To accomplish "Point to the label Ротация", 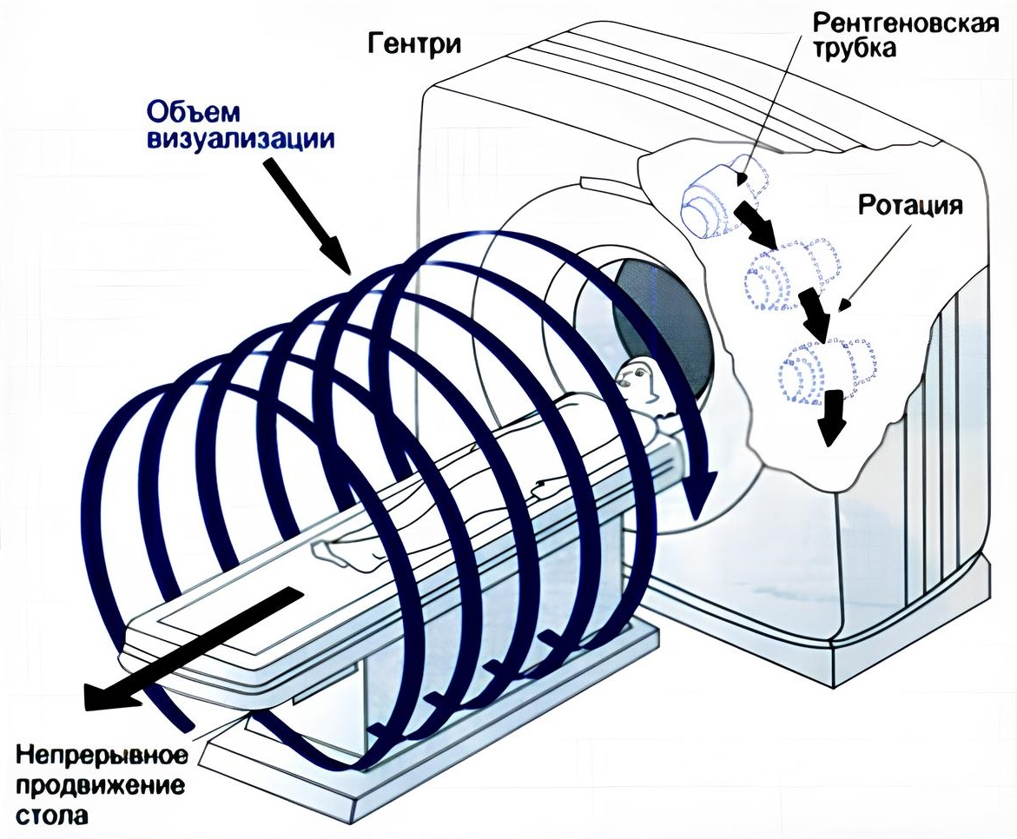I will click(910, 206).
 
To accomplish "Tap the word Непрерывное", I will click(101, 755).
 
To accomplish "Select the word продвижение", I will click(101, 785).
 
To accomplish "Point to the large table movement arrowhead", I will click(101, 694).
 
